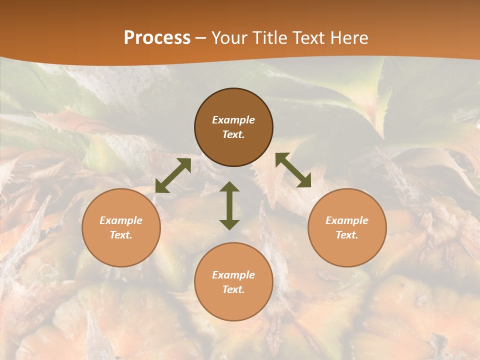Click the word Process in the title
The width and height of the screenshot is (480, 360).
(x=157, y=38)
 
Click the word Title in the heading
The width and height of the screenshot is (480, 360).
(x=269, y=38)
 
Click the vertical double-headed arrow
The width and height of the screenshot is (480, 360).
(x=229, y=205)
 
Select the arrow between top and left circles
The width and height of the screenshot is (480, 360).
(x=173, y=175)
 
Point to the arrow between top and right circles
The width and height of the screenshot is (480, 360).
(x=293, y=170)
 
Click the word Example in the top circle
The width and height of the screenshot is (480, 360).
(x=233, y=120)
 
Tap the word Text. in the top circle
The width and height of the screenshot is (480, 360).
(x=233, y=134)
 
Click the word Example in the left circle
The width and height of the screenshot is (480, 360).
(x=121, y=220)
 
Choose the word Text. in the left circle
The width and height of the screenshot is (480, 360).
(x=121, y=235)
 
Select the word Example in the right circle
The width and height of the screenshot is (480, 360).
(x=347, y=220)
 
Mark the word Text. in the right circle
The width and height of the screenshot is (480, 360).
(x=347, y=235)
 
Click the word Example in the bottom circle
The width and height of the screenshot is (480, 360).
(x=233, y=275)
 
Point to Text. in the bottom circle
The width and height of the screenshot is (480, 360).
(x=233, y=289)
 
